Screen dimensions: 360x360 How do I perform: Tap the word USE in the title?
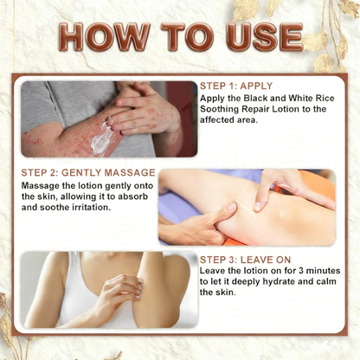(265, 36)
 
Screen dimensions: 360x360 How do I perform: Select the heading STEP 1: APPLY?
(236, 86)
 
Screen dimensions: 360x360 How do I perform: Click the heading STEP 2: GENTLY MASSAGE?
(88, 172)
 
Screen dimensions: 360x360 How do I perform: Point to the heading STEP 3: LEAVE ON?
(245, 260)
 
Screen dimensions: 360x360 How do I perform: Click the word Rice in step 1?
(325, 98)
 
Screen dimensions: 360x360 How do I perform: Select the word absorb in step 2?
(133, 196)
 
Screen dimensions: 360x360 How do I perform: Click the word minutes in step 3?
(323, 271)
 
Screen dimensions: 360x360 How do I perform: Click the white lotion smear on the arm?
(101, 136)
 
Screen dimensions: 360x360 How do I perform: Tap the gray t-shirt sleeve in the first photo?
(43, 106)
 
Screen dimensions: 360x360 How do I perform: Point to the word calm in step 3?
(326, 281)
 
